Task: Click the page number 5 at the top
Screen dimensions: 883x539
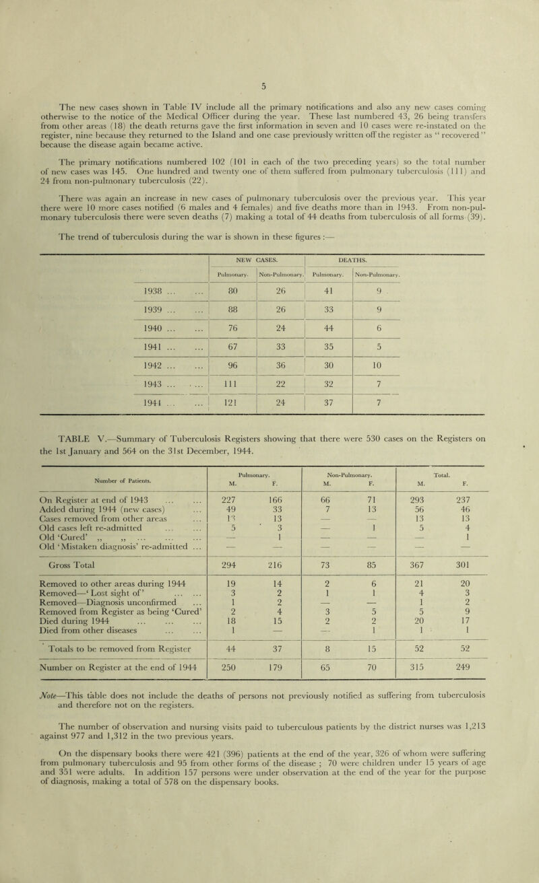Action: coord(269,11)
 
